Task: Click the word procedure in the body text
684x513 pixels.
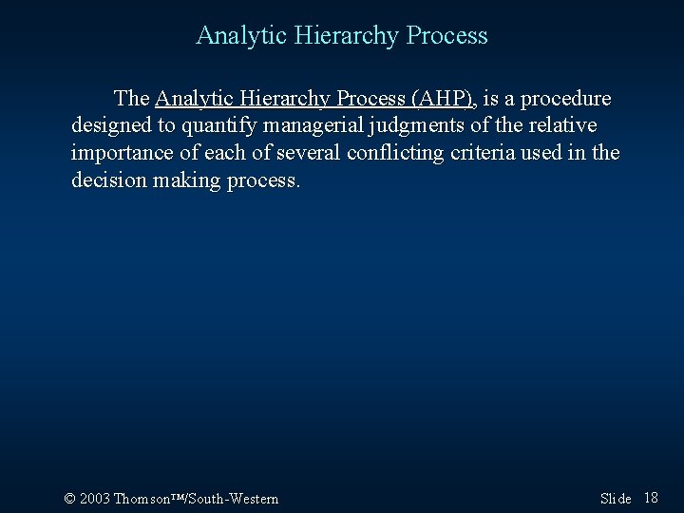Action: (563, 99)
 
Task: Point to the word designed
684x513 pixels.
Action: (108, 126)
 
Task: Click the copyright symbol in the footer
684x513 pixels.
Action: (68, 499)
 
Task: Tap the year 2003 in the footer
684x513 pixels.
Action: (94, 499)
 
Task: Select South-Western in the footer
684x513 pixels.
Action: (236, 499)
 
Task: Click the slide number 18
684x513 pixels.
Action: (651, 499)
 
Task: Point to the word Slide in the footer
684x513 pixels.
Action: (616, 499)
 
